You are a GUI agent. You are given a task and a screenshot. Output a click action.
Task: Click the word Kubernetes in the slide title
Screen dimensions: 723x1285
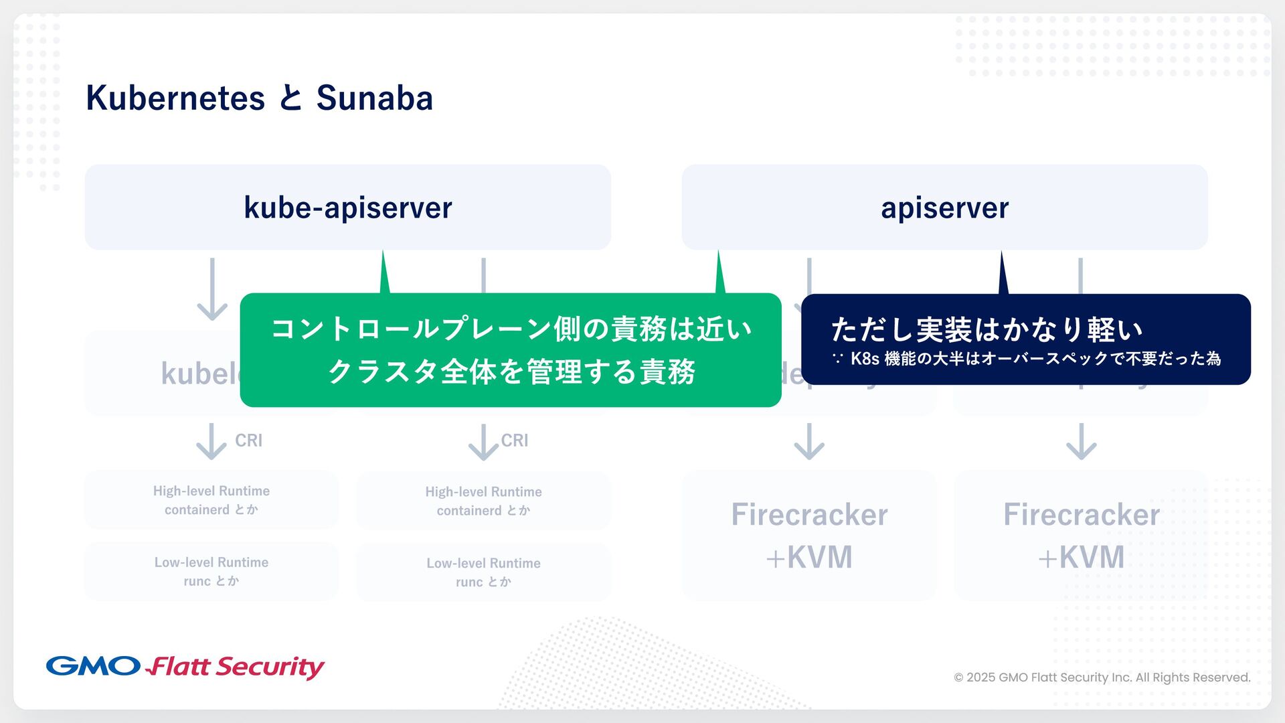pos(175,98)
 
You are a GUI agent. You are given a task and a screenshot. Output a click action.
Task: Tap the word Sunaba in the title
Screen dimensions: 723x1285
pos(374,98)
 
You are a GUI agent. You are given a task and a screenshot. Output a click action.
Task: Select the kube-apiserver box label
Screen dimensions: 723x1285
pos(347,208)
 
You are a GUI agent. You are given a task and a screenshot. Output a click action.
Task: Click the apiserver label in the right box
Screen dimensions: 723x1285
pos(944,208)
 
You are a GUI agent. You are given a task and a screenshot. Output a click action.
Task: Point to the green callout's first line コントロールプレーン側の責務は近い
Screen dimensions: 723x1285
pos(511,329)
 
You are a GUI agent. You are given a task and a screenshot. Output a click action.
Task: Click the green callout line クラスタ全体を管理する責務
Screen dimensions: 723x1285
pos(511,372)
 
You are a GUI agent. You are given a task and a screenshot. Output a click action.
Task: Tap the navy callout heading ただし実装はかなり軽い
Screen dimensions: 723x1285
pos(987,329)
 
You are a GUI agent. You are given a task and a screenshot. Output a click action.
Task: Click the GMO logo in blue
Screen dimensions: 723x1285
pos(93,666)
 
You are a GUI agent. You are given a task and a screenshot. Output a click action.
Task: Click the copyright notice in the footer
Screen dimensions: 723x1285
pos(1102,677)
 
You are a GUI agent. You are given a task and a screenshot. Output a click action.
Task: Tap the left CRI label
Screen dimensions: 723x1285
pos(248,440)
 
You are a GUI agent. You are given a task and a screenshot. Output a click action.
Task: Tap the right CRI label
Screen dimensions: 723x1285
pos(514,440)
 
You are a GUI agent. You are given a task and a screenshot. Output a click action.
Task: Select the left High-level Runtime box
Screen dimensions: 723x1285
pos(211,500)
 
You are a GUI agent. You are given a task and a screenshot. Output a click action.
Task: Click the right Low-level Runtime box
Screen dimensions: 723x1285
pos(483,572)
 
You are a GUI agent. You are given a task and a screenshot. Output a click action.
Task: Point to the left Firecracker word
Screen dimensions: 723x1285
pos(809,515)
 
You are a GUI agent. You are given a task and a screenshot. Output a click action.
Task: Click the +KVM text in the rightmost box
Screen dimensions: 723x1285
pos(1081,557)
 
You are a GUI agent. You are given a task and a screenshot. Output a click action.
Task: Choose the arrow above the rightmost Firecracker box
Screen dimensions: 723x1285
pos(1081,442)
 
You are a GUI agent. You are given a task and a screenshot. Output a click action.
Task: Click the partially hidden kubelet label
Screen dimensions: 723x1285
pos(200,374)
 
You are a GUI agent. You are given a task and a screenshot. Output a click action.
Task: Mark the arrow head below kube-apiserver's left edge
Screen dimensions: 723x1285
pos(212,311)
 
